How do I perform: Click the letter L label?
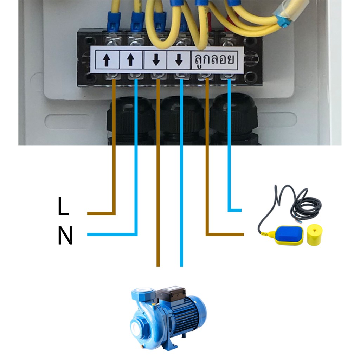tap(63, 206)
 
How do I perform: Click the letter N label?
tap(65, 235)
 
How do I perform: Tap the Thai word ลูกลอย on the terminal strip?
tap(214, 59)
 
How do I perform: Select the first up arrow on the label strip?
tap(106, 60)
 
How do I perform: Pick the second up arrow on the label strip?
tap(130, 60)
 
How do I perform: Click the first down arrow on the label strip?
tap(156, 60)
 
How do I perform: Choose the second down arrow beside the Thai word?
tap(179, 60)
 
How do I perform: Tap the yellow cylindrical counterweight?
tap(315, 235)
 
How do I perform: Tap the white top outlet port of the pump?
tap(142, 290)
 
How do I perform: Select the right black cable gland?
tap(233, 120)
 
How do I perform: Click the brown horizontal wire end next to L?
tap(101, 213)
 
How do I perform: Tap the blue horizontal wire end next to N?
tap(112, 234)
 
